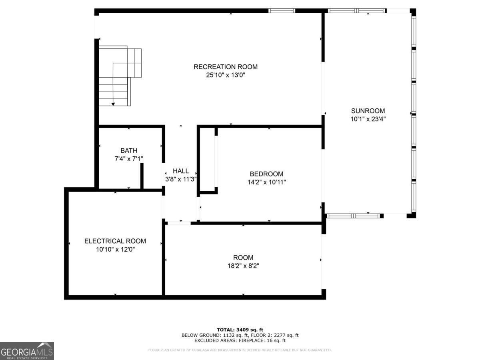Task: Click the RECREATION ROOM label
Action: click(x=226, y=67)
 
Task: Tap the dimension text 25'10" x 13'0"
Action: click(x=226, y=75)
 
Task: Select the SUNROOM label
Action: click(x=368, y=111)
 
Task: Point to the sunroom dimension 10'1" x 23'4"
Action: click(x=368, y=119)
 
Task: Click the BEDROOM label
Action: click(x=266, y=174)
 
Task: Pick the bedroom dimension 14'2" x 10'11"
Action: click(x=266, y=182)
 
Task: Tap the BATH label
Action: click(x=129, y=151)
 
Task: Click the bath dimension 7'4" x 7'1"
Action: click(x=129, y=159)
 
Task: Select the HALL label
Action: click(x=181, y=171)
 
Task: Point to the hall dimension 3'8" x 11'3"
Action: click(x=181, y=179)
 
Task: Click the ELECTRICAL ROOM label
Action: click(x=115, y=241)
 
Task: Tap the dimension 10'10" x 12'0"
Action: click(x=115, y=249)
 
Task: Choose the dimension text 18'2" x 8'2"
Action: click(x=243, y=266)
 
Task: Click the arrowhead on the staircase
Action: click(x=113, y=104)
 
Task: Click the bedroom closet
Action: click(x=208, y=160)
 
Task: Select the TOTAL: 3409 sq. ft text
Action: click(x=240, y=330)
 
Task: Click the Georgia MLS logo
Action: click(x=27, y=351)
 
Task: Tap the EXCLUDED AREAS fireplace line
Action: click(x=240, y=341)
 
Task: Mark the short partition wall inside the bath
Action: click(x=142, y=176)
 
